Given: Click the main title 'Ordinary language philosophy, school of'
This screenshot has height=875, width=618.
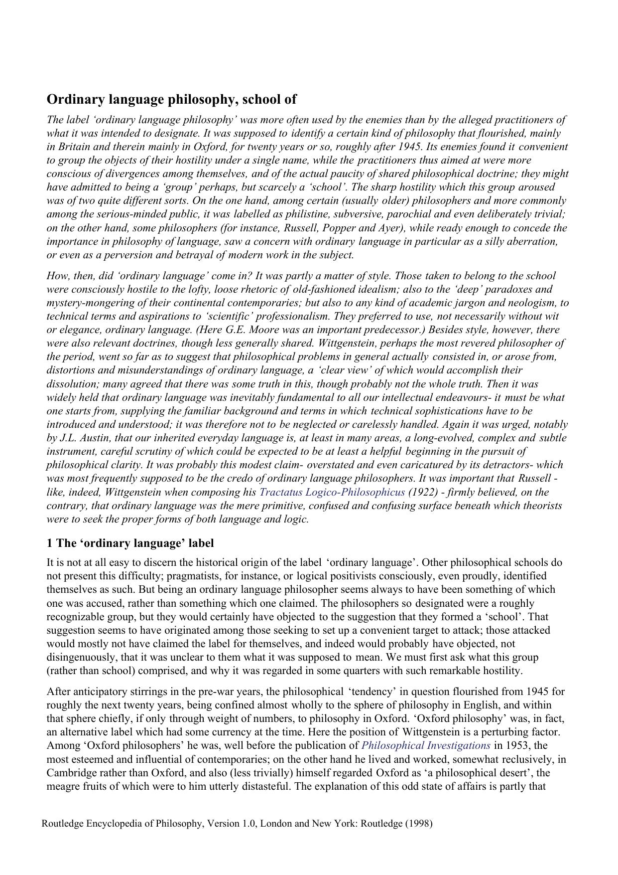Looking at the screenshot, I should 171,100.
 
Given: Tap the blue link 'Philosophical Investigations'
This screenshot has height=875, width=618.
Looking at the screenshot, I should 426,745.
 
